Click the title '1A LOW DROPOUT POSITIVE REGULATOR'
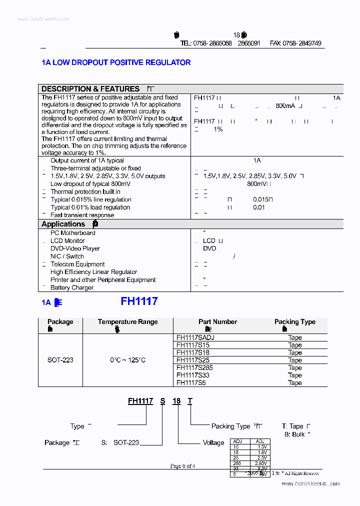click(116, 62)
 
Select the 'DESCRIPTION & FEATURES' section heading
click(90, 88)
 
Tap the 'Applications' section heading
click(63, 224)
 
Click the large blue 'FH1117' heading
click(139, 301)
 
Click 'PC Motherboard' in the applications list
click(72, 233)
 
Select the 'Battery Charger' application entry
click(72, 287)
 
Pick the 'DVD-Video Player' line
click(75, 248)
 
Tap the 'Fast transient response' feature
click(82, 215)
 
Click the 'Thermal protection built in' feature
click(85, 191)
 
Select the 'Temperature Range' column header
click(127, 322)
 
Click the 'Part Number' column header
click(217, 322)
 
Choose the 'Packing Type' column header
click(294, 322)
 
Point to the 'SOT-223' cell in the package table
click(60, 360)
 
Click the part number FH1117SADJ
click(195, 337)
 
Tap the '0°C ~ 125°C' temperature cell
click(127, 360)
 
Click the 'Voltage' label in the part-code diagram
click(213, 442)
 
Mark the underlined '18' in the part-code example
click(176, 401)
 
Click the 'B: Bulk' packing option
click(296, 434)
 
